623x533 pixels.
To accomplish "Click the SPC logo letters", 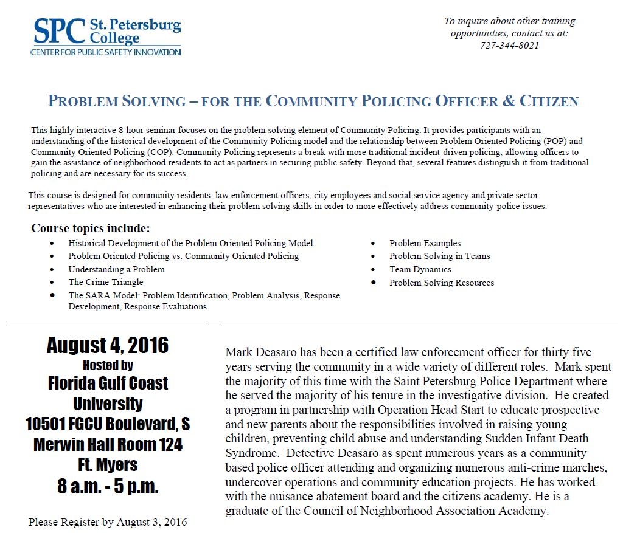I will click(58, 30).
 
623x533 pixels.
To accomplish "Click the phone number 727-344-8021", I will click(509, 45).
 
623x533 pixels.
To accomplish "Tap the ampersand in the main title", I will click(506, 101).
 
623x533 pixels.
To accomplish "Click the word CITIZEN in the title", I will click(549, 101).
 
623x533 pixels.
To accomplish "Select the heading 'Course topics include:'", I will click(91, 229).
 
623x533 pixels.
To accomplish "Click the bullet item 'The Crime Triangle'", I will click(106, 282).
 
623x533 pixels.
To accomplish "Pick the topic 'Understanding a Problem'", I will click(116, 269).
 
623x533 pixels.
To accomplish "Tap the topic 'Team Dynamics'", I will click(420, 269).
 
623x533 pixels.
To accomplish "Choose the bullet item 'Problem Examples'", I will click(425, 243).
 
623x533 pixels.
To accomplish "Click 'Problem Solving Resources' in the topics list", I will click(442, 283).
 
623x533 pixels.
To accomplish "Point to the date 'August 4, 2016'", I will click(108, 346).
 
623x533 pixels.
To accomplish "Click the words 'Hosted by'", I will click(108, 365).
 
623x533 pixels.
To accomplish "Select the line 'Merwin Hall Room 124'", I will click(108, 444).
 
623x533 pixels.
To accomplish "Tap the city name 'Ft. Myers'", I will click(108, 465).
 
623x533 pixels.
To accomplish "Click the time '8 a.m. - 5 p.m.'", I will click(108, 487).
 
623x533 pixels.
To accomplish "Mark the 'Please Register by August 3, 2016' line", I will click(108, 522).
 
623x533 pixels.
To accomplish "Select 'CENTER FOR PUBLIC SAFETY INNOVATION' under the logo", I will click(105, 52).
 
